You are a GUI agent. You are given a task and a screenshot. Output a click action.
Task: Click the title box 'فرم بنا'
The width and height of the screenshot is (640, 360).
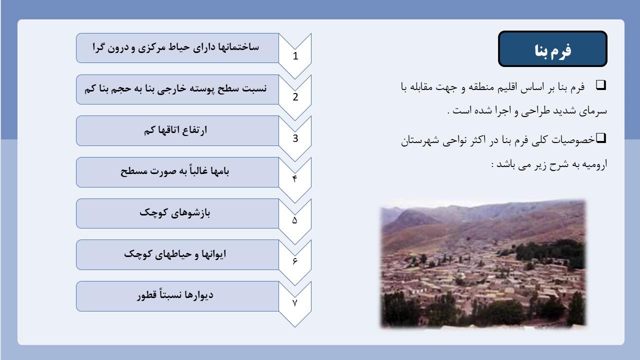(552, 49)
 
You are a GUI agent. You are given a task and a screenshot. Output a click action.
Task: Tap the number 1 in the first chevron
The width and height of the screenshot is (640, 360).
(295, 56)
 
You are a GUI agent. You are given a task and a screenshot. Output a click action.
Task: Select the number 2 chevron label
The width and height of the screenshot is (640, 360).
(295, 97)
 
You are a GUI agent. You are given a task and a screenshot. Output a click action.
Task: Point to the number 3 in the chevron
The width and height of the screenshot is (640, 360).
(295, 138)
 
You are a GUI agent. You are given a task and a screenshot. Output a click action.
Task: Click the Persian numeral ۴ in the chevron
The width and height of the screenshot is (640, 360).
(295, 179)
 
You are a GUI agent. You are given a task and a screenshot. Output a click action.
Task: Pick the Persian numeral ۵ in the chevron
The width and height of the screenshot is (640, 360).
(295, 220)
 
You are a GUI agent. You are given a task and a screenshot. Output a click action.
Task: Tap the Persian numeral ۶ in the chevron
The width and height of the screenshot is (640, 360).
(295, 261)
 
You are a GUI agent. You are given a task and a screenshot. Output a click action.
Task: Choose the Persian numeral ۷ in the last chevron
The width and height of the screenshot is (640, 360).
(295, 302)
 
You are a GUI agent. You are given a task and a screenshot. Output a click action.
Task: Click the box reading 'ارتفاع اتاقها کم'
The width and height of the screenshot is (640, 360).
(177, 131)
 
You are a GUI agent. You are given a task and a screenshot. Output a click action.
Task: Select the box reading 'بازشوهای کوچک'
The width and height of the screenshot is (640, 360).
(177, 213)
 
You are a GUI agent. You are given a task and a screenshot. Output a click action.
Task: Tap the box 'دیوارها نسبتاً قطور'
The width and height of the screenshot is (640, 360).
(177, 296)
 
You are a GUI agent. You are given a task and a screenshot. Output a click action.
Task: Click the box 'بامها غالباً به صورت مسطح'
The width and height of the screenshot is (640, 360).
(177, 172)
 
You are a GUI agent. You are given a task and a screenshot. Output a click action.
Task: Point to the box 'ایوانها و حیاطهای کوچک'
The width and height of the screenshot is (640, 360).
(177, 254)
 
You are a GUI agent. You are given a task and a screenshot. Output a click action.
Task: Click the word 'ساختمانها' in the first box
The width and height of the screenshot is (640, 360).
(238, 47)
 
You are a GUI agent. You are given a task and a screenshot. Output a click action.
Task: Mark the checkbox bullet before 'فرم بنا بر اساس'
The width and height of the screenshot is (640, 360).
(601, 85)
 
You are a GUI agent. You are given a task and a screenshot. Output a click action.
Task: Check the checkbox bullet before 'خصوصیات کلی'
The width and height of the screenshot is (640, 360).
(601, 138)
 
